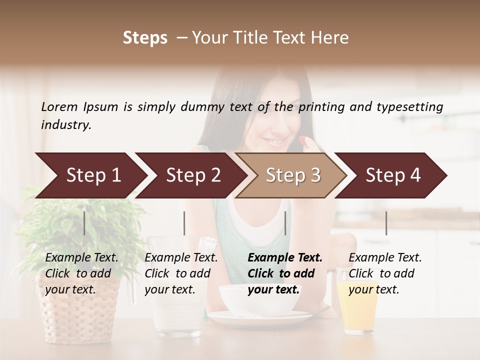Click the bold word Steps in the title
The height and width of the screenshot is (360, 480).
(x=145, y=38)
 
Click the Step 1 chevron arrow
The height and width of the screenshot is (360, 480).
(x=90, y=175)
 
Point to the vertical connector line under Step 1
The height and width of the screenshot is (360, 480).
(x=84, y=223)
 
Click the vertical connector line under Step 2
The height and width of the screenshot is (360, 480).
(x=184, y=223)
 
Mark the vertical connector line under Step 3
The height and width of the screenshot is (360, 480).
(x=285, y=223)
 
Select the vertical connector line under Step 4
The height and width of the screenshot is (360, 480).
(x=386, y=223)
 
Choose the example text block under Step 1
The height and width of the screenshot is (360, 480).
(x=81, y=273)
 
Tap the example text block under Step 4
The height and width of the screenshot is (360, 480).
(x=385, y=273)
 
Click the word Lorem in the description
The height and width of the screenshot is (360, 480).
(x=59, y=106)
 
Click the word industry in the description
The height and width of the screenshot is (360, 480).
(x=65, y=124)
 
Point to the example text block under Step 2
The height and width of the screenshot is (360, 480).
(x=181, y=273)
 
